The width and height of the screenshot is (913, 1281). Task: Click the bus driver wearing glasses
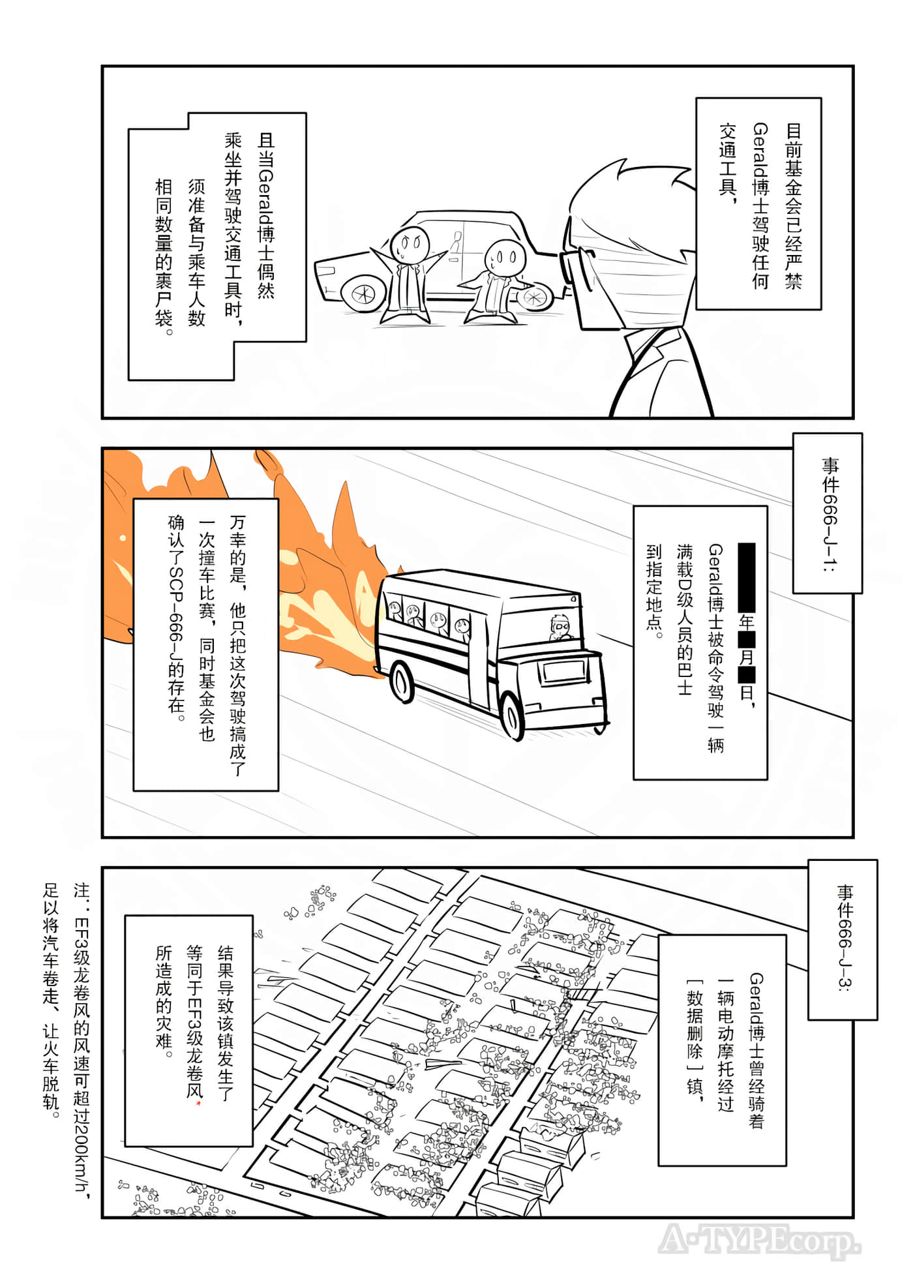coord(560,627)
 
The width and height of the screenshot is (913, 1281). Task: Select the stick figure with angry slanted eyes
coord(408,243)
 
